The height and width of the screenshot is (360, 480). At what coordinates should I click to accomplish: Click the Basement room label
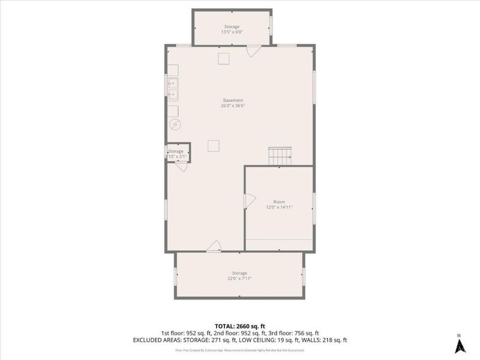pyautogui.click(x=233, y=100)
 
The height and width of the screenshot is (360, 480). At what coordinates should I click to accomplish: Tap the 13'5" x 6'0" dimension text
pyautogui.click(x=232, y=32)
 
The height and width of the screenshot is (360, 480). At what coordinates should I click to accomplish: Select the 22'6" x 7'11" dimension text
pyautogui.click(x=239, y=278)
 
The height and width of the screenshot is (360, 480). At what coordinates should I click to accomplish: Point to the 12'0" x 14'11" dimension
pyautogui.click(x=279, y=208)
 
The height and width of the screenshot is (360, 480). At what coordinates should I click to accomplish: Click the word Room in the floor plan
pyautogui.click(x=279, y=202)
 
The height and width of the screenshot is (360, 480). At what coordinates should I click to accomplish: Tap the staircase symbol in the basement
pyautogui.click(x=280, y=156)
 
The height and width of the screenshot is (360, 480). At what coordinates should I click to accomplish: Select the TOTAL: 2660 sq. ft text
pyautogui.click(x=240, y=326)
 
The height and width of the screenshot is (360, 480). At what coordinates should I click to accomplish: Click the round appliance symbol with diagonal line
pyautogui.click(x=175, y=125)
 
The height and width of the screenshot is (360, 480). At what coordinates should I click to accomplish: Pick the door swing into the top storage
pyautogui.click(x=253, y=51)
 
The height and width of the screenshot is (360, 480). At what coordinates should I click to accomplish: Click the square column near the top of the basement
pyautogui.click(x=223, y=58)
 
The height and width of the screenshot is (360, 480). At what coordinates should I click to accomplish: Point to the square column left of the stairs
pyautogui.click(x=214, y=146)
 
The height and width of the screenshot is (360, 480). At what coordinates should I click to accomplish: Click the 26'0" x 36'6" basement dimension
pyautogui.click(x=233, y=106)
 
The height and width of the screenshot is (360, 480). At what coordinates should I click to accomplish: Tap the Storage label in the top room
pyautogui.click(x=232, y=27)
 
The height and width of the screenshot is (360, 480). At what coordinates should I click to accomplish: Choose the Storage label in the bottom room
pyautogui.click(x=239, y=273)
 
